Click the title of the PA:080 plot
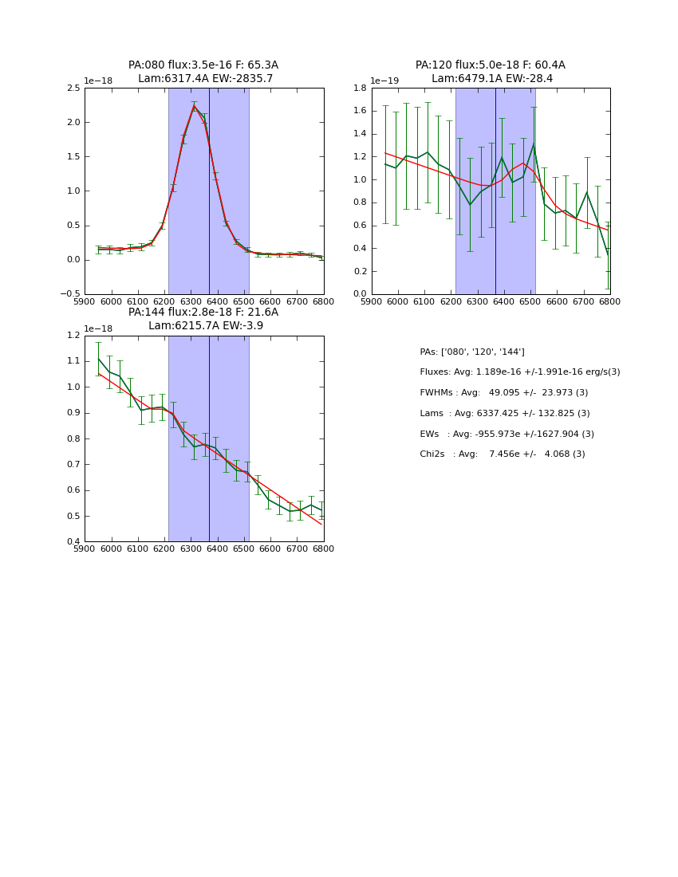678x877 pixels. (x=203, y=72)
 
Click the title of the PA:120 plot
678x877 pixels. (x=491, y=72)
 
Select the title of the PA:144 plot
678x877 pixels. (x=203, y=319)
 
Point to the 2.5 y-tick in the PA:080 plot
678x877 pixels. (x=73, y=88)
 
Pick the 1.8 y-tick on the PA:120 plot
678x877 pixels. (x=360, y=88)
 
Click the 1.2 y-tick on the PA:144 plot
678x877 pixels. (x=73, y=335)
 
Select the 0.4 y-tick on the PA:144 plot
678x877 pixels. (x=73, y=542)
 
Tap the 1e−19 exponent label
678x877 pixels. (x=384, y=81)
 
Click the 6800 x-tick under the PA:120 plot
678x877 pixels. (x=610, y=301)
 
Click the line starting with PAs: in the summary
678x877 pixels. (x=472, y=352)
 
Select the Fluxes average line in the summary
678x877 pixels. (x=519, y=372)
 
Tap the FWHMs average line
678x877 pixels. (x=503, y=392)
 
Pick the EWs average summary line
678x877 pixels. (x=507, y=434)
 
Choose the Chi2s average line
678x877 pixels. (x=502, y=454)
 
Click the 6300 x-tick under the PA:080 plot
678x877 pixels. (x=191, y=301)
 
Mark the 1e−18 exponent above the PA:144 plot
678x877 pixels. (x=97, y=328)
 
